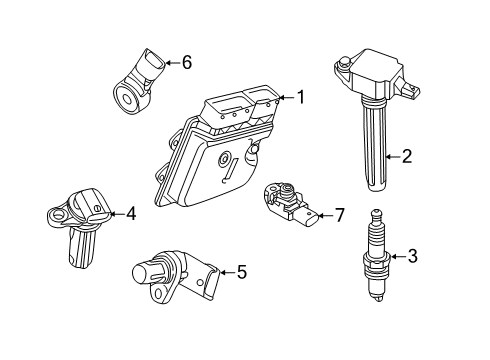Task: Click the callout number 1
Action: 299,97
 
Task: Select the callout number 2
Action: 407,155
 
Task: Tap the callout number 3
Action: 413,256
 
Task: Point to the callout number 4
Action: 130,213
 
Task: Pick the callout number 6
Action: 185,62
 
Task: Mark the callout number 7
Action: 339,215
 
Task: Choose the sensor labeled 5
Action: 176,275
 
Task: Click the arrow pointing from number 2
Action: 390,155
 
